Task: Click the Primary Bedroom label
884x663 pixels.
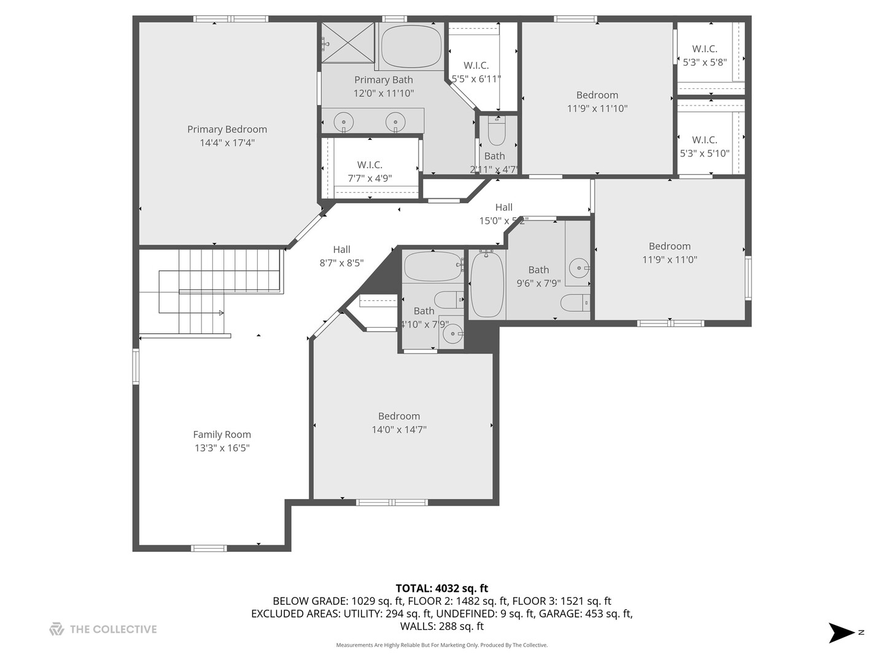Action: pyautogui.click(x=227, y=130)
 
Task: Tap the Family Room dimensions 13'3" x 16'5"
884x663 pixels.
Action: pyautogui.click(x=222, y=448)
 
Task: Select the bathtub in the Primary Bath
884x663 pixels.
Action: pyautogui.click(x=411, y=47)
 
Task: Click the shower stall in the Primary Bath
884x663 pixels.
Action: pyautogui.click(x=348, y=43)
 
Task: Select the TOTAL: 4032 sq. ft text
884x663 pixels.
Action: pyautogui.click(x=441, y=589)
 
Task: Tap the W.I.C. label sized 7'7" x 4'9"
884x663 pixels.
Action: pyautogui.click(x=370, y=165)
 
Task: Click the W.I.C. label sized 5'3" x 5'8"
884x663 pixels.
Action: pyautogui.click(x=704, y=49)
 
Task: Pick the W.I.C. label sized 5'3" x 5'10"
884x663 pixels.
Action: pyautogui.click(x=704, y=140)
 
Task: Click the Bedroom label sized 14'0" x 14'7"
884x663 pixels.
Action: pyautogui.click(x=399, y=416)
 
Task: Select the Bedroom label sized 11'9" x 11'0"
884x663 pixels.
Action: pyautogui.click(x=669, y=246)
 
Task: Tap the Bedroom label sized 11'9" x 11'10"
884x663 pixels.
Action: pyautogui.click(x=597, y=95)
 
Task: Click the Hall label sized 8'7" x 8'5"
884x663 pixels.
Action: pyautogui.click(x=341, y=250)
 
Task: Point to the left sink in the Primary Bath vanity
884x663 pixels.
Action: pyautogui.click(x=344, y=121)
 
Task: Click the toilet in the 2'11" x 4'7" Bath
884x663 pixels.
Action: pyautogui.click(x=496, y=132)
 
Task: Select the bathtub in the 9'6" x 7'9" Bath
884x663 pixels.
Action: pyautogui.click(x=487, y=284)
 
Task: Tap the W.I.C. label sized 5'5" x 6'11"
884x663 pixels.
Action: pyautogui.click(x=476, y=66)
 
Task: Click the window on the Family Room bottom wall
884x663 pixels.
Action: pyautogui.click(x=208, y=548)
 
